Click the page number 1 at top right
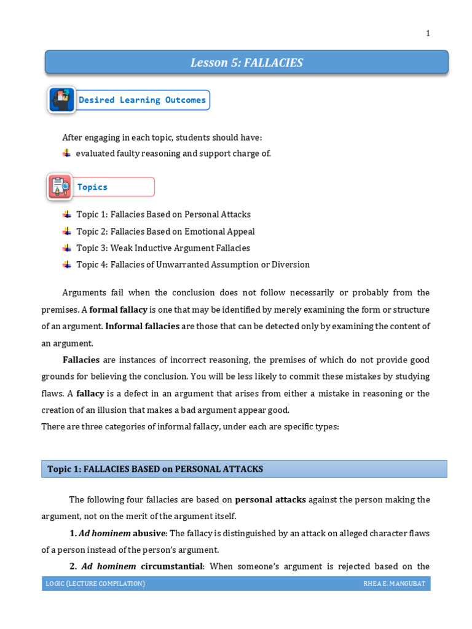pyautogui.click(x=428, y=34)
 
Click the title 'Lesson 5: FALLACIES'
pyautogui.click(x=246, y=63)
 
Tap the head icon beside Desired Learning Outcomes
pyautogui.click(x=61, y=100)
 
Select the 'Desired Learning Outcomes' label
pyautogui.click(x=142, y=100)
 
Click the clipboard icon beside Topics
pyautogui.click(x=60, y=187)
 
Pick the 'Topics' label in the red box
pyautogui.click(x=92, y=187)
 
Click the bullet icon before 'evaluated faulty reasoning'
pyautogui.click(x=66, y=154)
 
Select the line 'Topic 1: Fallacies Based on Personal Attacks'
pyautogui.click(x=163, y=215)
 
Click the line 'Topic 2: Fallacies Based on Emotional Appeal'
pyautogui.click(x=165, y=232)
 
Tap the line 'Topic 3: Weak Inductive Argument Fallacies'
pyautogui.click(x=163, y=248)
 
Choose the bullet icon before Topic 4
pyautogui.click(x=66, y=265)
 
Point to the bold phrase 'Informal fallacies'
pyautogui.click(x=142, y=326)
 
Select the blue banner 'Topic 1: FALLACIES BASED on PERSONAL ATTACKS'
pyautogui.click(x=244, y=469)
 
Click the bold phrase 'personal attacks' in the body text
pyautogui.click(x=270, y=500)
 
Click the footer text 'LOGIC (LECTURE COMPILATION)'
pyautogui.click(x=95, y=584)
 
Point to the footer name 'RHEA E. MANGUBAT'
pyautogui.click(x=394, y=584)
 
